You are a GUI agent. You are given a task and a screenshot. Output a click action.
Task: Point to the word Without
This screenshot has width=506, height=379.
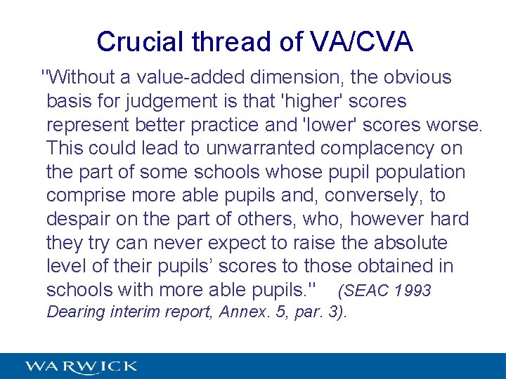pyautogui.click(x=79, y=77)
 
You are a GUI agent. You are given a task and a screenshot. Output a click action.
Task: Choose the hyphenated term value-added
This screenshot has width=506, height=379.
pyautogui.click(x=195, y=77)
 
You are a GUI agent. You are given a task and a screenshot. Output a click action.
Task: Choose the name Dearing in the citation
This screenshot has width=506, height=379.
pyautogui.click(x=75, y=312)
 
